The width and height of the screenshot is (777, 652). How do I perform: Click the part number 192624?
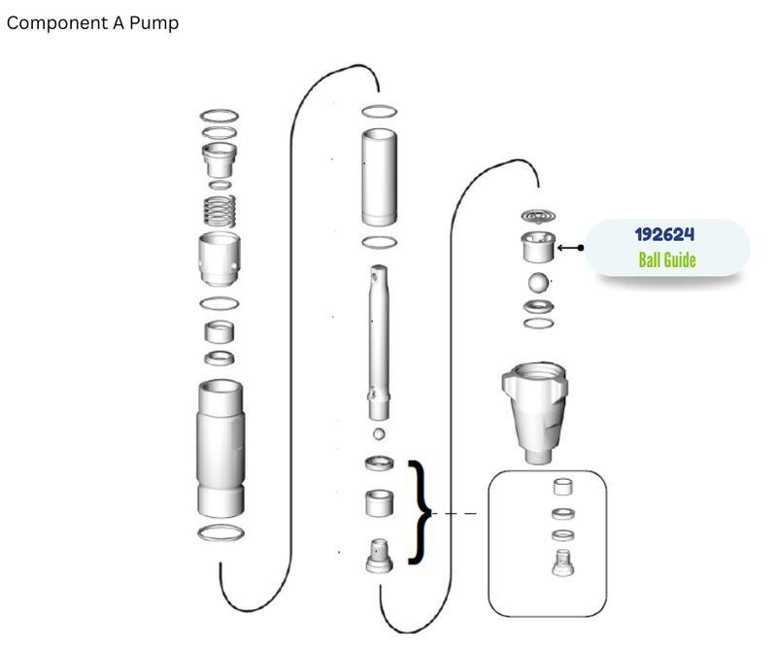[x=664, y=234]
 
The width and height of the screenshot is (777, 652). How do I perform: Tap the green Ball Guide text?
[x=667, y=259]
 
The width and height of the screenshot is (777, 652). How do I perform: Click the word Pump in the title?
[x=153, y=23]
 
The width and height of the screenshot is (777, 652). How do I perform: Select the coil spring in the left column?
[x=220, y=211]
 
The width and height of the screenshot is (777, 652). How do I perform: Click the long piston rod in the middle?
[x=379, y=343]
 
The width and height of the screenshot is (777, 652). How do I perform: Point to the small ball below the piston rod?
[x=379, y=434]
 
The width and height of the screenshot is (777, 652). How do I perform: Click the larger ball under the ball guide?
[x=538, y=283]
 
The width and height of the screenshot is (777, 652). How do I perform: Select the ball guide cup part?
[x=538, y=247]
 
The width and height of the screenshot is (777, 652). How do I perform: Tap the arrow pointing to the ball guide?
[x=570, y=248]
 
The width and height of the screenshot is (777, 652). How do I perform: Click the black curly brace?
[x=421, y=512]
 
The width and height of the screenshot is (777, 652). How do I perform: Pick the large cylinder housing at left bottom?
[x=220, y=449]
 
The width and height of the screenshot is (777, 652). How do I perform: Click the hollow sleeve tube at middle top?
[x=379, y=177]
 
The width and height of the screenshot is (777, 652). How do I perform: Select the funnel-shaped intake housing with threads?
[x=535, y=413]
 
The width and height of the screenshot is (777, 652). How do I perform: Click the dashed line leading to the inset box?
[x=455, y=514]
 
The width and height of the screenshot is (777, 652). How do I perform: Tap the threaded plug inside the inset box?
[x=563, y=563]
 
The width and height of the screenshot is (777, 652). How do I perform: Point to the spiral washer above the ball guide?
[x=538, y=216]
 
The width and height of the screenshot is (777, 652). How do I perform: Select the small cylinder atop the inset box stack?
[x=563, y=487]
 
